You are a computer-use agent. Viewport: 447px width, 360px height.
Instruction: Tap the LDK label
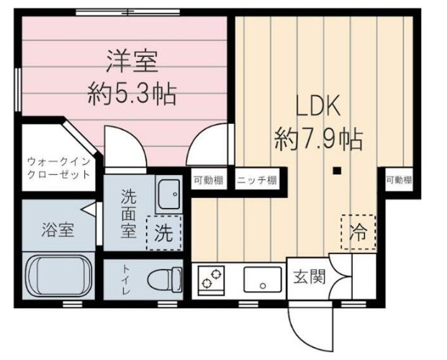click(317, 106)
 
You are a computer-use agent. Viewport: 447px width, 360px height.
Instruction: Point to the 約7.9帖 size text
click(317, 138)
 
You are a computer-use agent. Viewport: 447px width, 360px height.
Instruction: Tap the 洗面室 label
click(127, 213)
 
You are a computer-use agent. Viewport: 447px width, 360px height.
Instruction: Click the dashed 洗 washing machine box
click(164, 233)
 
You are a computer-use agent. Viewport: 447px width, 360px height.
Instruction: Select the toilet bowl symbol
click(163, 278)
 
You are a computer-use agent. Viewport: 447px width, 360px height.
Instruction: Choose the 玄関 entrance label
click(307, 276)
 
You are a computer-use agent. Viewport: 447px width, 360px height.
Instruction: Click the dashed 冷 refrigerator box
click(357, 232)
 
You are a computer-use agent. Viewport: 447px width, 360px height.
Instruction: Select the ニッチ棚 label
click(257, 180)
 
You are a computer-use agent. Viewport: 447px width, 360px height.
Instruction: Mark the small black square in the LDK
click(335, 171)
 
